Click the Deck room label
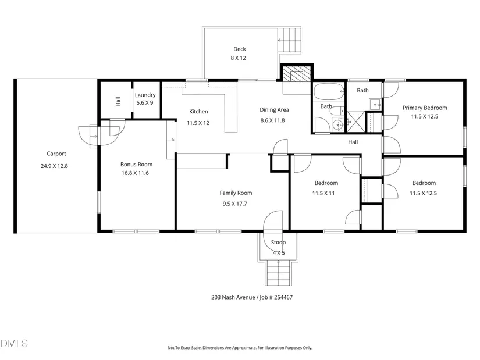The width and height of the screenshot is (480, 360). coord(239,49)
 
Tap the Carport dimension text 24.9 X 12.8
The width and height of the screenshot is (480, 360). coord(54,166)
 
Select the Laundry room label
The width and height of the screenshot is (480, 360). coord(145,95)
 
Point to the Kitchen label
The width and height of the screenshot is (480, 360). coord(198,112)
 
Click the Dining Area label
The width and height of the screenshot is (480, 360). coord(274,109)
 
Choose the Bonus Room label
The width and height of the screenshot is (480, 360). coord(136,165)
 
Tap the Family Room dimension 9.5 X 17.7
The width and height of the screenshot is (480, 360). coord(235,204)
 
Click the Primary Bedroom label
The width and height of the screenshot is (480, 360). coord(425,108)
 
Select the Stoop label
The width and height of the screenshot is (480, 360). coord(278,242)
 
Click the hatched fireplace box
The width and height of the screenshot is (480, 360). coord(296,74)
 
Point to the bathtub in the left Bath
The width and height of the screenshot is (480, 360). coord(329,91)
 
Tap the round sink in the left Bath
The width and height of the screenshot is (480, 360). coord(338,125)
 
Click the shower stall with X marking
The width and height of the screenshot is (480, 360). coord(355,122)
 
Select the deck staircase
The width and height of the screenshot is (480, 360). coord(289,40)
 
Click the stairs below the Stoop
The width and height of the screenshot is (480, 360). coord(278,273)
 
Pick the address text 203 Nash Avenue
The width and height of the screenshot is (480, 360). coord(233,297)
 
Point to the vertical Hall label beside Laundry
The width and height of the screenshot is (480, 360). coord(118,102)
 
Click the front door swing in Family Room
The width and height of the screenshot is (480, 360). coord(273,220)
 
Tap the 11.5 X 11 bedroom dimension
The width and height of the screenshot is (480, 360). coord(323,193)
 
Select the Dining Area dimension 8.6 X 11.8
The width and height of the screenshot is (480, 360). coord(272,120)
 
